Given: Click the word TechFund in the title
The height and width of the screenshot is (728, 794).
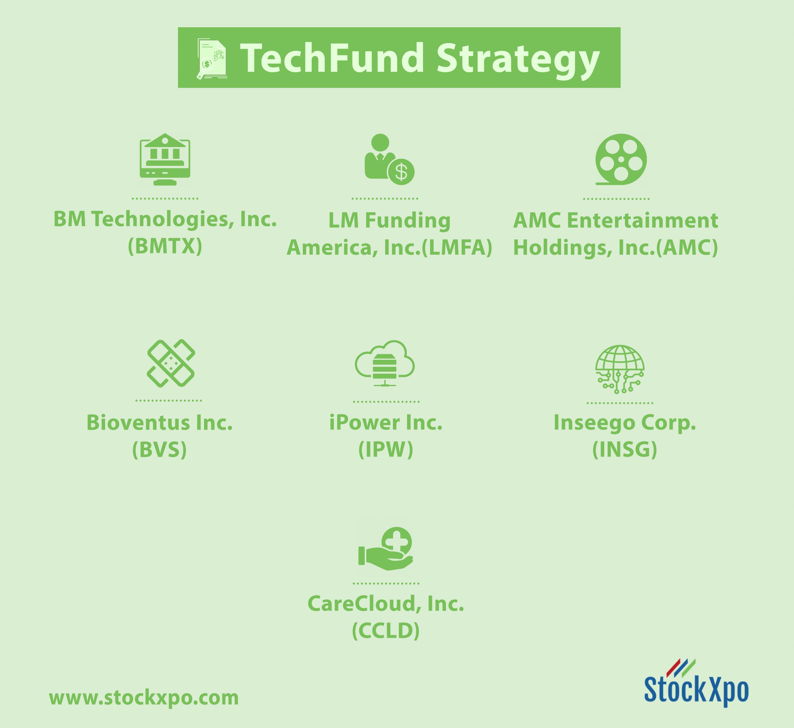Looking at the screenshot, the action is coord(332,58).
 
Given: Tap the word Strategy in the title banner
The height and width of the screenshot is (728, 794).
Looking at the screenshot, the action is coord(518,61).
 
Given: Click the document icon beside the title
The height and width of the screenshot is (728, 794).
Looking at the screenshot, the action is coord(212,59).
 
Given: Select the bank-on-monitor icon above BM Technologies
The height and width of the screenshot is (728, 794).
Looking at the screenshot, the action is coord(165,159).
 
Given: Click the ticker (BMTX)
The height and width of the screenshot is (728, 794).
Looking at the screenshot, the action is coord(165,246).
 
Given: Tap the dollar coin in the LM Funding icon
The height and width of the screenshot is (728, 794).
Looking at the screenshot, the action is coord(401,172).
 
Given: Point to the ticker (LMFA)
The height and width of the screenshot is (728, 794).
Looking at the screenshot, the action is coord(457,248).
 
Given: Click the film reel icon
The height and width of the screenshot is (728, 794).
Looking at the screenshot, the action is coord(621,159).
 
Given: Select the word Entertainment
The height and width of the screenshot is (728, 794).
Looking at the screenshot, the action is coord(642,220).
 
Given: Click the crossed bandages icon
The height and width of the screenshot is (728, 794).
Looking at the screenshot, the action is coord(171,363).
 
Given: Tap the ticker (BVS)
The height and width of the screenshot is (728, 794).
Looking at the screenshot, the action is coord(159,449).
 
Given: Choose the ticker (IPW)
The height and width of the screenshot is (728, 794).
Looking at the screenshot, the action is coord(386,449).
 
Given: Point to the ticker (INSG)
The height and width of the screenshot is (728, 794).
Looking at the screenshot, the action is coord(625,449).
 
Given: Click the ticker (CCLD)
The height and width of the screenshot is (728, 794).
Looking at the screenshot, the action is coord(386,630).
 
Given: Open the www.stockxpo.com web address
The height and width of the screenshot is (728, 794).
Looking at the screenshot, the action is coord(144,698).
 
